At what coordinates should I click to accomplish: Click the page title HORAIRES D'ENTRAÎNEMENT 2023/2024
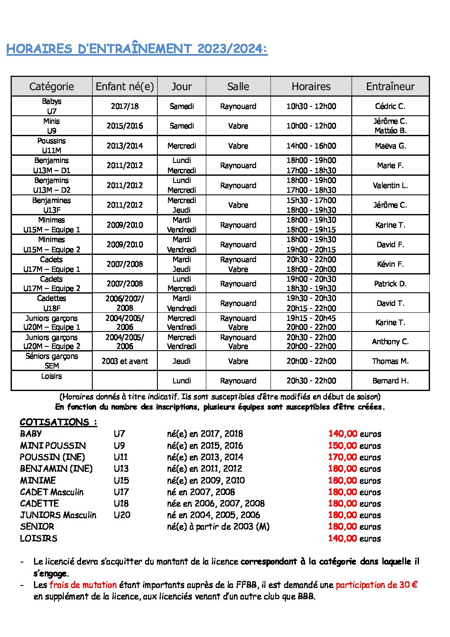click(137, 49)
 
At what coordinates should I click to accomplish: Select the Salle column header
click(238, 86)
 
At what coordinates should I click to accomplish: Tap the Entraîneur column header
click(390, 86)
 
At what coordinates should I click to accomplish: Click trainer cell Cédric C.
click(390, 106)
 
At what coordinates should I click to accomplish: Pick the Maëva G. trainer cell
click(390, 146)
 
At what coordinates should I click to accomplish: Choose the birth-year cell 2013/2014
click(125, 146)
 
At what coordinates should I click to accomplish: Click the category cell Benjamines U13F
click(51, 205)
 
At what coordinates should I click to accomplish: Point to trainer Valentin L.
click(390, 186)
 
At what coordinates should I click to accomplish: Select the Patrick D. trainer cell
click(390, 284)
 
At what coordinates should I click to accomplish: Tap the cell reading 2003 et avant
click(125, 361)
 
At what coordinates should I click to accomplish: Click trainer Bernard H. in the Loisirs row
click(390, 381)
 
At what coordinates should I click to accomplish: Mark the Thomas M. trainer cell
click(390, 361)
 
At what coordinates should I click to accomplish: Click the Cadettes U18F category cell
click(51, 303)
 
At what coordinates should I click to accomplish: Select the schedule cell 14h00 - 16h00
click(311, 146)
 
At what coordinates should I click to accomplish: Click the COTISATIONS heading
click(59, 422)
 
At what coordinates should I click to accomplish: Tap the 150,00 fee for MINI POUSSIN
click(342, 446)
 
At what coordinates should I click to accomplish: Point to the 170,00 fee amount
click(342, 457)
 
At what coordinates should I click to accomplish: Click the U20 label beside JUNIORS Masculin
click(122, 515)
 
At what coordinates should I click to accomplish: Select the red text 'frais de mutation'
click(83, 585)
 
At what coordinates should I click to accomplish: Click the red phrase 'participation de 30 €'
click(376, 585)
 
